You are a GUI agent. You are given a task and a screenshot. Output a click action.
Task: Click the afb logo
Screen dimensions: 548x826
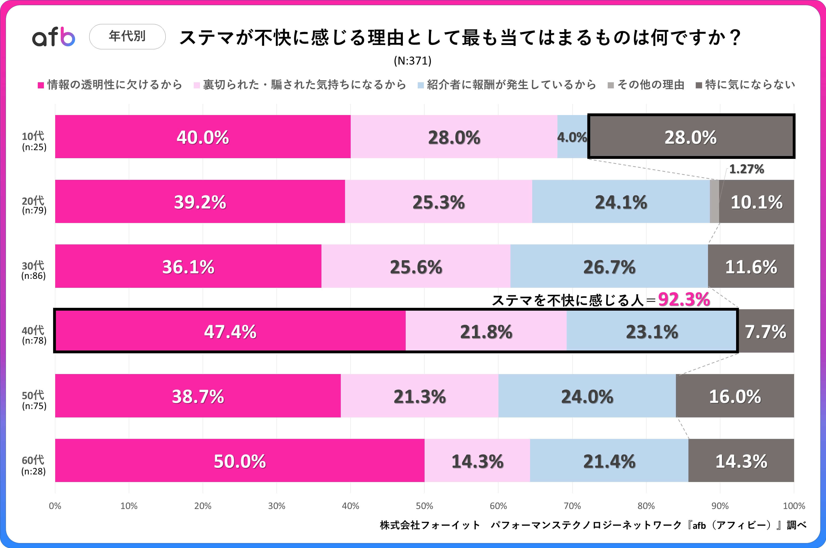pos(54,37)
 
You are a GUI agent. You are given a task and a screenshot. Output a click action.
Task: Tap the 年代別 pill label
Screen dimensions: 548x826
pos(127,36)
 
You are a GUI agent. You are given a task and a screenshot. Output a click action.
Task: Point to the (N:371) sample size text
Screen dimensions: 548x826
pos(413,61)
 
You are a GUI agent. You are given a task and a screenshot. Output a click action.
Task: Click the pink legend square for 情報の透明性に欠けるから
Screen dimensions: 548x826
pos(41,85)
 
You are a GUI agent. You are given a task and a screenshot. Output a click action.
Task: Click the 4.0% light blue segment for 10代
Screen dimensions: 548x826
pos(572,137)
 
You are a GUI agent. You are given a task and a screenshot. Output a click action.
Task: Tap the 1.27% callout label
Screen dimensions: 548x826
pos(746,169)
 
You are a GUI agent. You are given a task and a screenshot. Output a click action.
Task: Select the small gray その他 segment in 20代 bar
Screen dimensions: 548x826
pos(714,201)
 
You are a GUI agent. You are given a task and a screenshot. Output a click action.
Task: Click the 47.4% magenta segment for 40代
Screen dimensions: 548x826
pos(230,331)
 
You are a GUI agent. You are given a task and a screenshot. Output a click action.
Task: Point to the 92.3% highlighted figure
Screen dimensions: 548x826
pos(684,300)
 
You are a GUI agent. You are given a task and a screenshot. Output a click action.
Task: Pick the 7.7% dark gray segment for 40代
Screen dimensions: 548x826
pos(766,331)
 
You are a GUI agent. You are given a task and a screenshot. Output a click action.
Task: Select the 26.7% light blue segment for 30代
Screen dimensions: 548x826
pos(609,266)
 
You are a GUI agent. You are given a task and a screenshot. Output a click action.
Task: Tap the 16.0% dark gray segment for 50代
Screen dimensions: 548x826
pos(735,396)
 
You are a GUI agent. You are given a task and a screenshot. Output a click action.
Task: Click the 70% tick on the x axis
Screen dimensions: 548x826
pos(572,506)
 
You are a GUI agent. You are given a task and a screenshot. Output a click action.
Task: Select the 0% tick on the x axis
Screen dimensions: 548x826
pos(55,506)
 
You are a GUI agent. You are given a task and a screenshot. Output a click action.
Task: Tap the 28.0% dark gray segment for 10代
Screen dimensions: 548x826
pos(691,137)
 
